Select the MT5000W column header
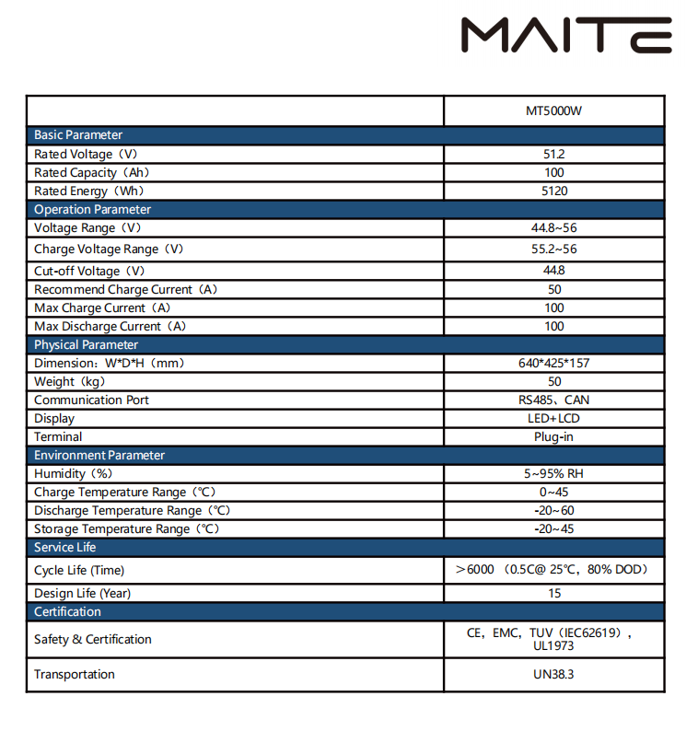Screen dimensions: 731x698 tap(553, 111)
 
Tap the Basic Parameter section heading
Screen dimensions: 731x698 tap(78, 135)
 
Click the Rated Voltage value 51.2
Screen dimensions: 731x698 tap(553, 155)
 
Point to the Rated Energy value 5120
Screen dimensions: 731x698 tap(553, 191)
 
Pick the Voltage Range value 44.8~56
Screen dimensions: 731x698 tap(553, 228)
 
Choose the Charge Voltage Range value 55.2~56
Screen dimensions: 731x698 tap(553, 249)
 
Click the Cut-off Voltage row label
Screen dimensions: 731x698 tap(89, 272)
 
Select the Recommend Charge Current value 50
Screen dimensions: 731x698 tap(553, 290)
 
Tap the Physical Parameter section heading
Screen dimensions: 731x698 tap(86, 345)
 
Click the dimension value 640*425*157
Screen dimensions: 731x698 tap(553, 364)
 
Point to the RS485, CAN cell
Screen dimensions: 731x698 tap(553, 400)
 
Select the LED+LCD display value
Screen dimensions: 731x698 tap(553, 419)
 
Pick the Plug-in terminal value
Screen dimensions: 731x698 tap(553, 437)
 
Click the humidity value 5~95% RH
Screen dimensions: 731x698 tap(553, 474)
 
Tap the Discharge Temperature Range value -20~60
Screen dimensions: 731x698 tap(553, 511)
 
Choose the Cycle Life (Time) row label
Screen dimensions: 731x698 tap(79, 571)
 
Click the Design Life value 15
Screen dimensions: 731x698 tap(553, 594)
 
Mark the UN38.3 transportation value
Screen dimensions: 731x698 tap(553, 675)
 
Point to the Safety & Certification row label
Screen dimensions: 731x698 tap(93, 640)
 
